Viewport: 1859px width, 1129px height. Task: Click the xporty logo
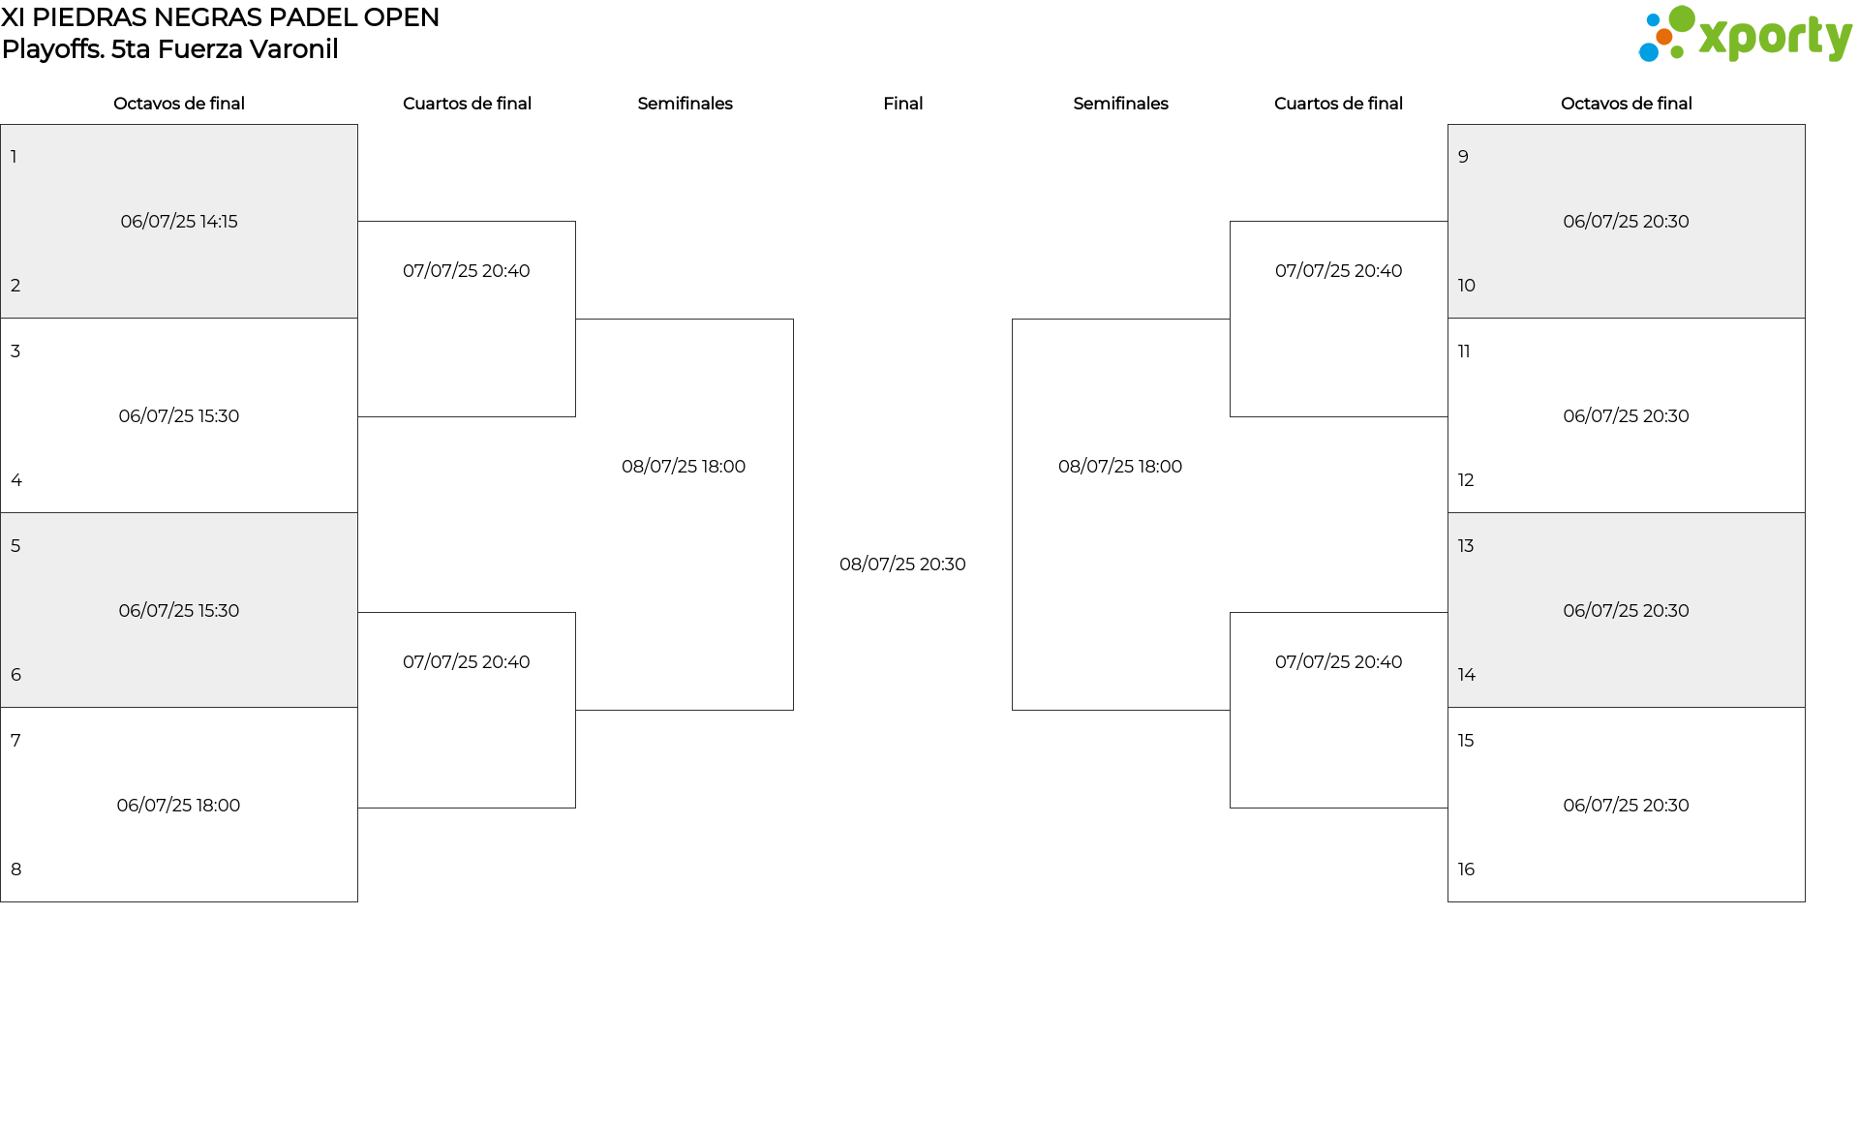tap(1745, 35)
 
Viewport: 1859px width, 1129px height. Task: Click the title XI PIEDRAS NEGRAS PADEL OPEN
tap(221, 17)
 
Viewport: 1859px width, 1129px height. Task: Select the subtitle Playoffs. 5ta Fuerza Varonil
tap(170, 49)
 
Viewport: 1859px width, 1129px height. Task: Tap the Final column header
tap(902, 104)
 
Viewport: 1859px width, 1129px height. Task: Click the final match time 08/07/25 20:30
tap(902, 564)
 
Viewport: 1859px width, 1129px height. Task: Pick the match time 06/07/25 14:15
tap(179, 222)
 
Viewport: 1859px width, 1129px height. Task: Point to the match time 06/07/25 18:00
tap(178, 806)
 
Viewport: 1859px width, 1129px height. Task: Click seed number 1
tap(14, 157)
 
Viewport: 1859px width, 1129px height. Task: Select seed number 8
tap(15, 870)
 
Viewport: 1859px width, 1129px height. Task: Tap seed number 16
tap(1466, 870)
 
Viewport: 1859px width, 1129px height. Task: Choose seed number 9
tap(1463, 157)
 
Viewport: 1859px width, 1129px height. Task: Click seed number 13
tap(1466, 546)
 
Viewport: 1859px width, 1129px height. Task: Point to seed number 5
tap(15, 546)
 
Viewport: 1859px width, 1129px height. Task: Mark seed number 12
tap(1466, 480)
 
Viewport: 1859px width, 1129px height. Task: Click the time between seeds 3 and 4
tap(179, 416)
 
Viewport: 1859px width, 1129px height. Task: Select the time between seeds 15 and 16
tap(1626, 806)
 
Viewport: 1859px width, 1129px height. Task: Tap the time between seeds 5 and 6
tap(179, 611)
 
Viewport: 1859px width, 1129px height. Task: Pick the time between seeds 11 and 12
tap(1626, 416)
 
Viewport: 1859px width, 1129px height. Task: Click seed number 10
tap(1466, 286)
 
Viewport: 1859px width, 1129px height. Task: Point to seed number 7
tap(15, 741)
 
